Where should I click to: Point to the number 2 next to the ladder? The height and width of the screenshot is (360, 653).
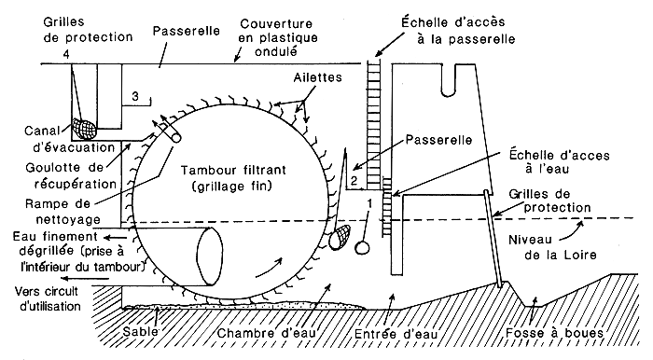tap(354, 179)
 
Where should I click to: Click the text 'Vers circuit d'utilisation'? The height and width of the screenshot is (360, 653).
tap(43, 298)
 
